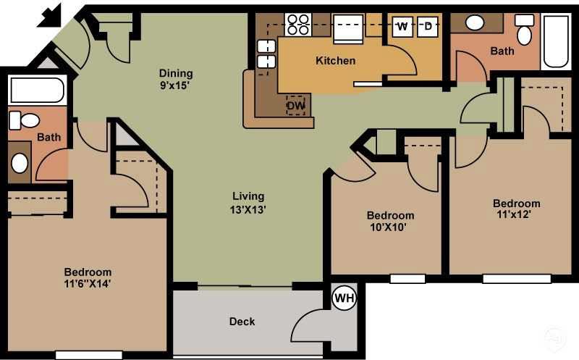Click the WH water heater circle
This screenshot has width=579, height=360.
[x=344, y=298]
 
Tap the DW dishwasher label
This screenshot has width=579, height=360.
[x=295, y=106]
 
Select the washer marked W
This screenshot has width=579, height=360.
[x=402, y=27]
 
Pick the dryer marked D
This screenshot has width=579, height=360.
[x=428, y=27]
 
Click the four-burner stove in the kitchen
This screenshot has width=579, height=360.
[x=297, y=25]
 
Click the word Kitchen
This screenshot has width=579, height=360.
[x=335, y=61]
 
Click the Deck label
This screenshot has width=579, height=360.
[x=242, y=322]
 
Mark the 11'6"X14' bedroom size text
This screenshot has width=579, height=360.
[x=87, y=284]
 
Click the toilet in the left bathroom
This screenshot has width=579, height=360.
[x=28, y=120]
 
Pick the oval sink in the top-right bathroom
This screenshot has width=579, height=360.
[x=475, y=22]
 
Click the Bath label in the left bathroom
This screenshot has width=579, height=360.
[x=49, y=137]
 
